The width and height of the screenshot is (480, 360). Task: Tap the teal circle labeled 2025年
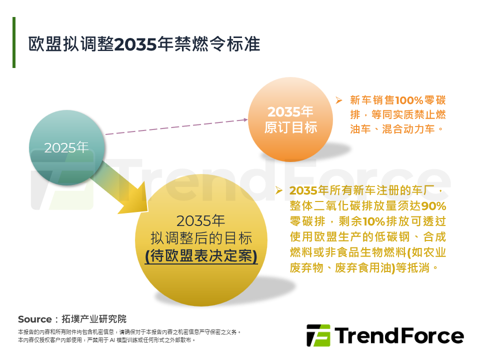(66, 147)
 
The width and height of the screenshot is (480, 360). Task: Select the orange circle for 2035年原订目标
(290, 119)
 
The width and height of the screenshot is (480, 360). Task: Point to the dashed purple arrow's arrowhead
(245, 119)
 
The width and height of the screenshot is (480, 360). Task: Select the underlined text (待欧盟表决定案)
(201, 256)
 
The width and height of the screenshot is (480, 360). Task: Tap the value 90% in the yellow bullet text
(433, 206)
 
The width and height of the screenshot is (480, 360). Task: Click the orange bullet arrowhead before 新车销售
(338, 100)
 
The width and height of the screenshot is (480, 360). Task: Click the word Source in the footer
(34, 319)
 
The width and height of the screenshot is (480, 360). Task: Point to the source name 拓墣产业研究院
(94, 319)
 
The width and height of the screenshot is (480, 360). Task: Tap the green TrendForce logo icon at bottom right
(318, 335)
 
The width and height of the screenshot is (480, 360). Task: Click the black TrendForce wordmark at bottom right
(398, 335)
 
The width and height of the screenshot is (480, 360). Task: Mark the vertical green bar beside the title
(14, 42)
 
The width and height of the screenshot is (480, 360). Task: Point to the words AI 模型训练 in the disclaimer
(119, 340)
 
